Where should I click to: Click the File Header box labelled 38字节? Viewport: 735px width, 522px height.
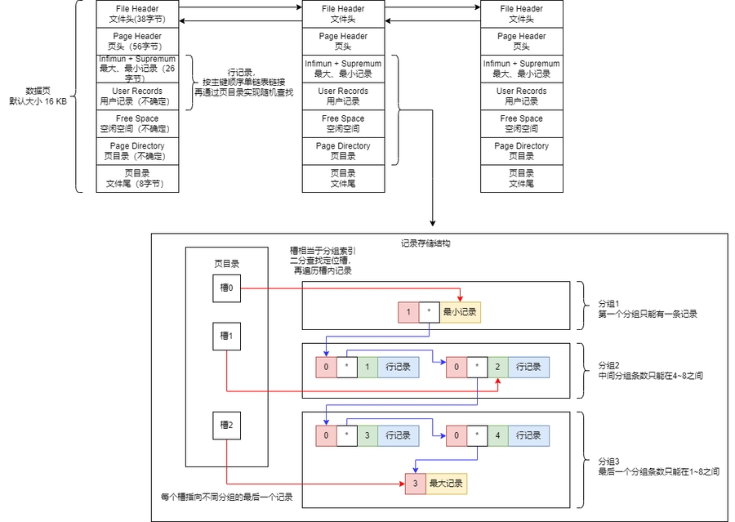pyautogui.click(x=136, y=14)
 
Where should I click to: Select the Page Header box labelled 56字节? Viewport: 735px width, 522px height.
pyautogui.click(x=136, y=42)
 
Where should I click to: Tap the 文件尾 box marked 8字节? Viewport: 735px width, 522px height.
pyautogui.click(x=136, y=179)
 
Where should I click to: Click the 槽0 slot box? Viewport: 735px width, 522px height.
pyautogui.click(x=226, y=288)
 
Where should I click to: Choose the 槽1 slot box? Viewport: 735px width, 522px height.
pyautogui.click(x=226, y=336)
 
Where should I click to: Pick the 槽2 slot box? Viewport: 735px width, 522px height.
pyautogui.click(x=226, y=425)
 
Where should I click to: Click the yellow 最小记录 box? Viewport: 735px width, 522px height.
pyautogui.click(x=459, y=312)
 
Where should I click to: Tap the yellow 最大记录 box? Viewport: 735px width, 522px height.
pyautogui.click(x=446, y=484)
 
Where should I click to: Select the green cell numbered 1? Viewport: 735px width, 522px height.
pyautogui.click(x=367, y=367)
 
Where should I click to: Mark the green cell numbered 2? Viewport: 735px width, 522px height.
pyautogui.click(x=497, y=367)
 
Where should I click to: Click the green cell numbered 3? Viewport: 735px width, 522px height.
pyautogui.click(x=367, y=435)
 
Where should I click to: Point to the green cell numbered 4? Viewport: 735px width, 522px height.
pyautogui.click(x=497, y=435)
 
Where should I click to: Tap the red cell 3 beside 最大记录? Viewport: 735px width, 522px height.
pyautogui.click(x=415, y=484)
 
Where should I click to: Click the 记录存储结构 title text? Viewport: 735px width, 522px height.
pyautogui.click(x=425, y=243)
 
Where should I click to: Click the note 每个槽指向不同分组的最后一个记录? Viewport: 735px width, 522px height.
pyautogui.click(x=226, y=497)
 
